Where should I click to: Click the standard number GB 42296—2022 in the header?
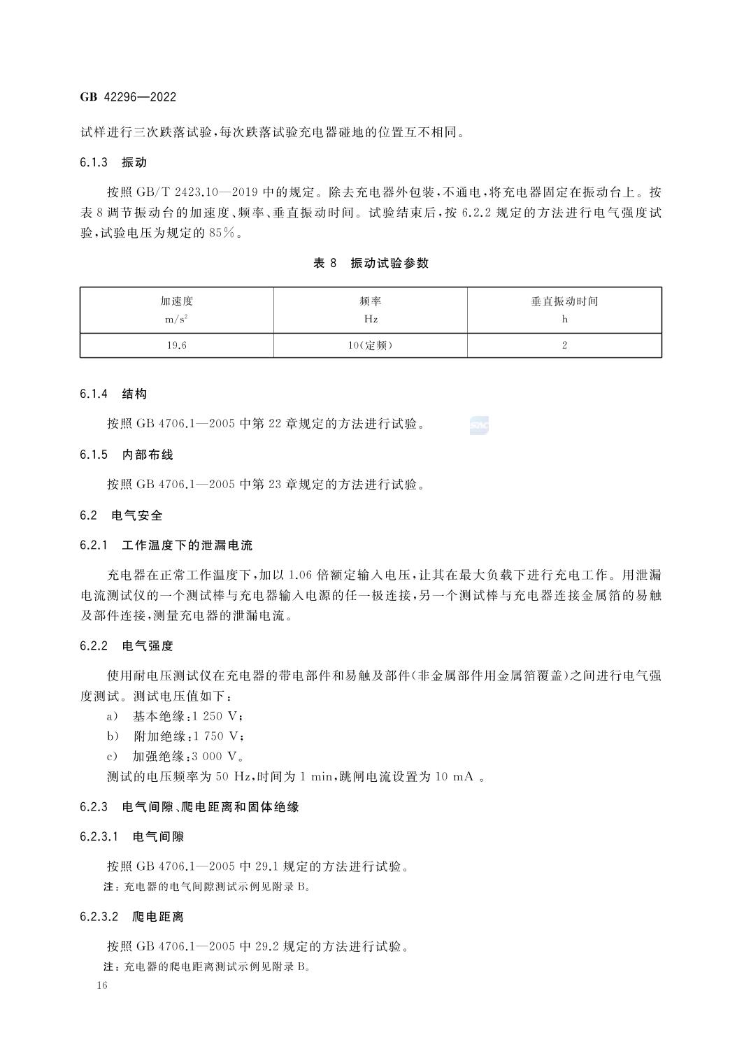128,97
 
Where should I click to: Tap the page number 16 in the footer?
102,985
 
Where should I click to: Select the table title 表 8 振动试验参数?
371,264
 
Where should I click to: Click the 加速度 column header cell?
176,310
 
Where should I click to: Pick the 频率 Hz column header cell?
370,310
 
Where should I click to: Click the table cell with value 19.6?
176,345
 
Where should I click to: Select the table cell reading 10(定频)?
370,345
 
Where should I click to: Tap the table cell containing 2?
564,345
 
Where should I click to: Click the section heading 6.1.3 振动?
113,163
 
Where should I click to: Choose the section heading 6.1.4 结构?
113,394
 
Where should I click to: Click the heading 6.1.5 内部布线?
127,455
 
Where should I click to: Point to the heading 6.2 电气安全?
121,515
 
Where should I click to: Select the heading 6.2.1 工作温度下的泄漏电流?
166,545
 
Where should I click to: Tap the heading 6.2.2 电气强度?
127,646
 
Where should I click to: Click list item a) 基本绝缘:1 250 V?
175,716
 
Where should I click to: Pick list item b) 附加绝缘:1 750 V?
175,736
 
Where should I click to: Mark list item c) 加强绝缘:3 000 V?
175,756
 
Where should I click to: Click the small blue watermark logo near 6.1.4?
479,425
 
